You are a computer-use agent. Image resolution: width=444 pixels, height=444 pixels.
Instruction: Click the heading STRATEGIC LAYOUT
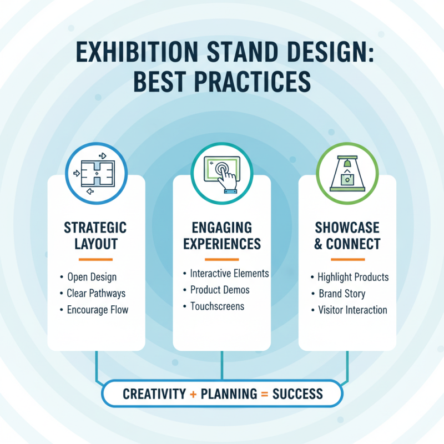(95, 235)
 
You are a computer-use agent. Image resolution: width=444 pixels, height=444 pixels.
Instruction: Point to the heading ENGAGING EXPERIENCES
(221, 235)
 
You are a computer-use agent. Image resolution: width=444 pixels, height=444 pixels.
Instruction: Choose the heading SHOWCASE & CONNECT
(347, 235)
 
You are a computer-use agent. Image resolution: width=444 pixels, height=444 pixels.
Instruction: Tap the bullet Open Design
(92, 277)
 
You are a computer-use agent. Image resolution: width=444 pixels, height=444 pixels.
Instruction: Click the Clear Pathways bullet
(96, 293)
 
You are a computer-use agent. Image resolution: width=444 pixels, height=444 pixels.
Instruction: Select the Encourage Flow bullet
(98, 310)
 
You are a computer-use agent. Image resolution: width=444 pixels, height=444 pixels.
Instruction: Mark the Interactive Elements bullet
(229, 274)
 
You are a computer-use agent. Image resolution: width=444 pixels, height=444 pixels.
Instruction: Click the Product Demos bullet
(220, 290)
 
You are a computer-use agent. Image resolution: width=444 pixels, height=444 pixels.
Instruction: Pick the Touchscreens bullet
(217, 306)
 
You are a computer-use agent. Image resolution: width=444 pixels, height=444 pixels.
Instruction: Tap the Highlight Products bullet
(353, 277)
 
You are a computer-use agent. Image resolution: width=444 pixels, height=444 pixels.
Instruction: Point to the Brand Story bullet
(342, 294)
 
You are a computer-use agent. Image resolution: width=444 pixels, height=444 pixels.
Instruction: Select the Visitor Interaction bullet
(352, 310)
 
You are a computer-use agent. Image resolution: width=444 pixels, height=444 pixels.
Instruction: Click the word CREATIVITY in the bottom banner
(154, 394)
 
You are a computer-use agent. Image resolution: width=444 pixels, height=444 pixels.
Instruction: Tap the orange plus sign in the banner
(193, 394)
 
